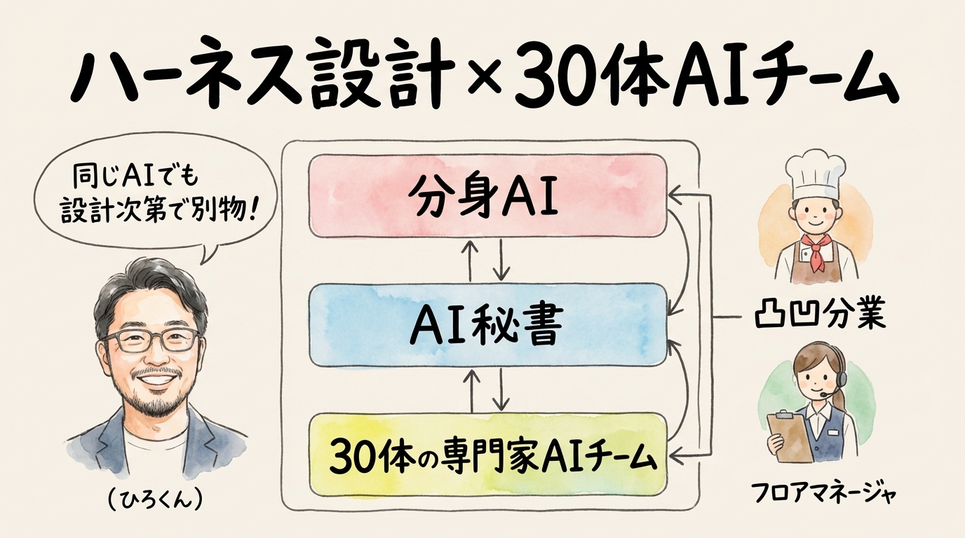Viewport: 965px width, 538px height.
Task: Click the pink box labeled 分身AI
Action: click(487, 195)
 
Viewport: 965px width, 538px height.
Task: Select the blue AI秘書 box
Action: click(487, 325)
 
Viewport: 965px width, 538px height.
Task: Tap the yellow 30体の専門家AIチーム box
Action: click(487, 455)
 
